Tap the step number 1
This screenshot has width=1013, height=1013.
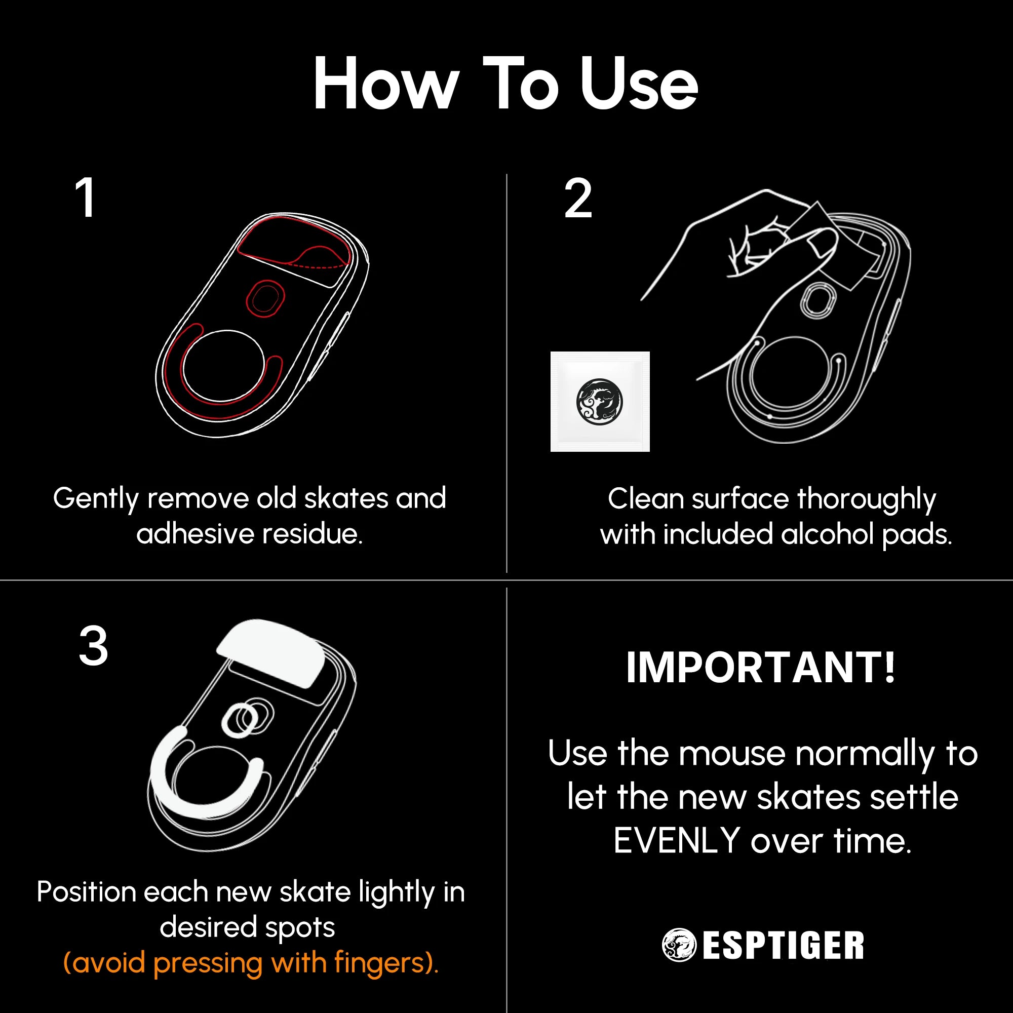85,198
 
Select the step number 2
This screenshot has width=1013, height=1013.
578,199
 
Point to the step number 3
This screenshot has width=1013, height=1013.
93,646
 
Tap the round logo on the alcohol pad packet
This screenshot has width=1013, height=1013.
599,401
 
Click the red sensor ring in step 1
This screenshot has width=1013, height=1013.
265,298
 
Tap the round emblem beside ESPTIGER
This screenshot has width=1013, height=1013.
679,945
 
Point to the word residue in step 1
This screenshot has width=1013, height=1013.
312,534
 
